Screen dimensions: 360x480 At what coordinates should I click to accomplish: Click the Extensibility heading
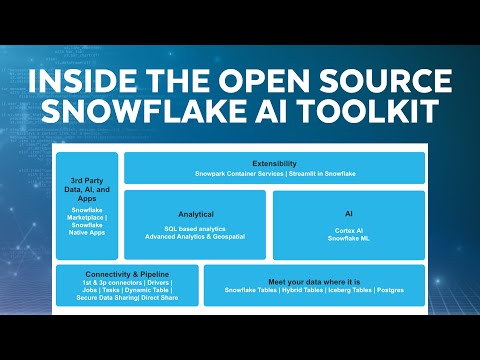coord(274,162)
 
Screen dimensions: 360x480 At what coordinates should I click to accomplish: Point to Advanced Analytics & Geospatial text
coord(196,237)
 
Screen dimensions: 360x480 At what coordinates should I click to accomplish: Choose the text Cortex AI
coord(349,229)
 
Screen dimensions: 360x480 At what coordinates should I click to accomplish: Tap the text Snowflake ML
coord(349,237)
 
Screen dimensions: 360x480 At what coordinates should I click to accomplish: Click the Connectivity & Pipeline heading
coord(127,274)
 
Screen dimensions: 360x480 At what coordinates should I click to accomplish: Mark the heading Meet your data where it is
coord(315,281)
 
